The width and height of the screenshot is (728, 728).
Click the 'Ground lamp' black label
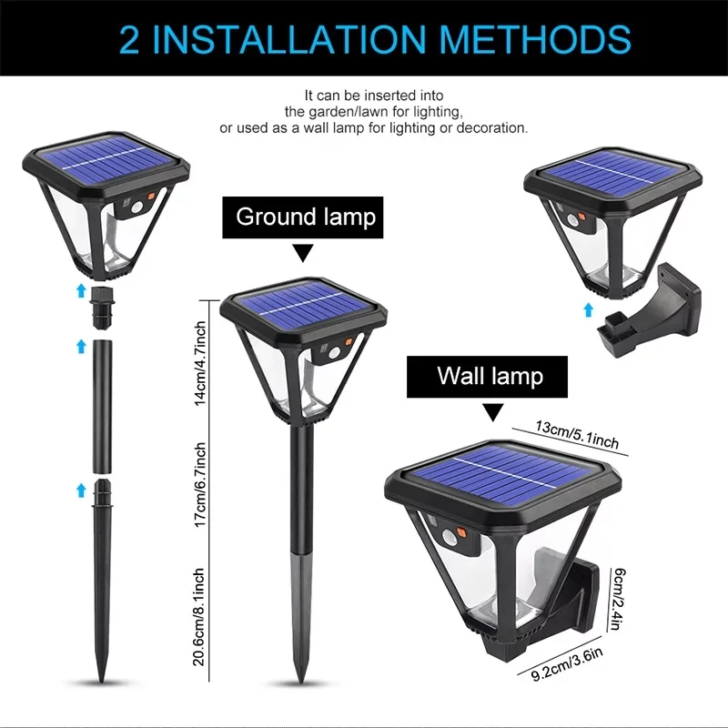coord(305,217)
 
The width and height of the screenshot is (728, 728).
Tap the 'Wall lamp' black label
coord(490,376)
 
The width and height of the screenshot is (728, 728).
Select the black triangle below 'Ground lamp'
coord(302,253)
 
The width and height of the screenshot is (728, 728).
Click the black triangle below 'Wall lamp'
coord(491,413)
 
